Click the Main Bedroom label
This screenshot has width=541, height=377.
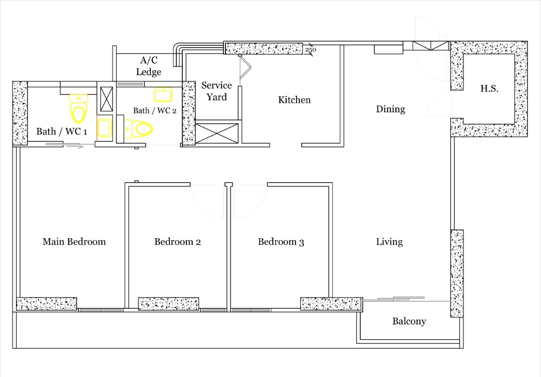pos(74,242)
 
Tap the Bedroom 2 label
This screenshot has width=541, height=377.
pos(177,242)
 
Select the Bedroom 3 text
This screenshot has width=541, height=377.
pos(281,242)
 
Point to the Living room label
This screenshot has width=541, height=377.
pos(389,242)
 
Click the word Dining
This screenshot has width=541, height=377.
pos(390,109)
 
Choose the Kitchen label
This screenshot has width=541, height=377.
pos(294,100)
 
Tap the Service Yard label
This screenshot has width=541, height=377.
pos(216,91)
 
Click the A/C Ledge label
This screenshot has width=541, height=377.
pos(148,66)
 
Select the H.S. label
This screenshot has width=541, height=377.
pos(489,88)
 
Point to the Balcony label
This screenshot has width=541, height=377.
pos(409,321)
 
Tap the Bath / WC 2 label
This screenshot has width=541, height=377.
pos(155,110)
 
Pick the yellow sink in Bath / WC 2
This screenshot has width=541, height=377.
pos(163,95)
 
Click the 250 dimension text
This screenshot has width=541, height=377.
pos(311,50)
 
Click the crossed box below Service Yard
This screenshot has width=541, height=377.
pos(216,133)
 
